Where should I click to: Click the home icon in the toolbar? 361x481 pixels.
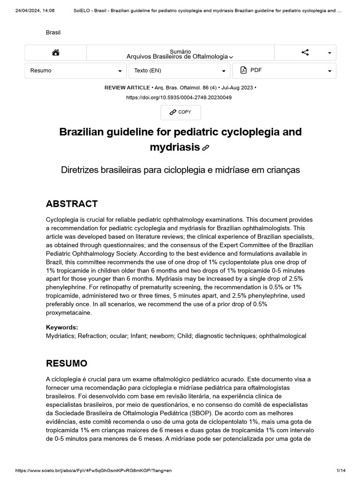click(55, 53)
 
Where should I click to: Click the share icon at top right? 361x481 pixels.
click(305, 53)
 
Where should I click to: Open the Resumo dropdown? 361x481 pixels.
click(76, 70)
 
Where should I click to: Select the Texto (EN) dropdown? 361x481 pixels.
click(180, 70)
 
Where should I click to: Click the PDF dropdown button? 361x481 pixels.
click(284, 70)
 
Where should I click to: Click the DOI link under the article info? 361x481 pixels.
click(179, 97)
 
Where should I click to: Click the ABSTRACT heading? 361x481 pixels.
click(72, 204)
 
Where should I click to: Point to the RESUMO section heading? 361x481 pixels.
click(66, 363)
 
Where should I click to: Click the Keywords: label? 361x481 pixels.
click(62, 327)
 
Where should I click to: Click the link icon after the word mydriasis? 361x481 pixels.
click(205, 148)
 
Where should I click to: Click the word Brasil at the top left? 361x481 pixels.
click(53, 32)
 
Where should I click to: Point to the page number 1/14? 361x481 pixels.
click(341, 470)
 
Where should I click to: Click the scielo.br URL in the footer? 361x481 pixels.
click(94, 470)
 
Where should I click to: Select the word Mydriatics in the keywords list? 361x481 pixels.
click(60, 336)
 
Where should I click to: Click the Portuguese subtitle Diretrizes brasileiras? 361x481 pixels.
click(180, 170)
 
